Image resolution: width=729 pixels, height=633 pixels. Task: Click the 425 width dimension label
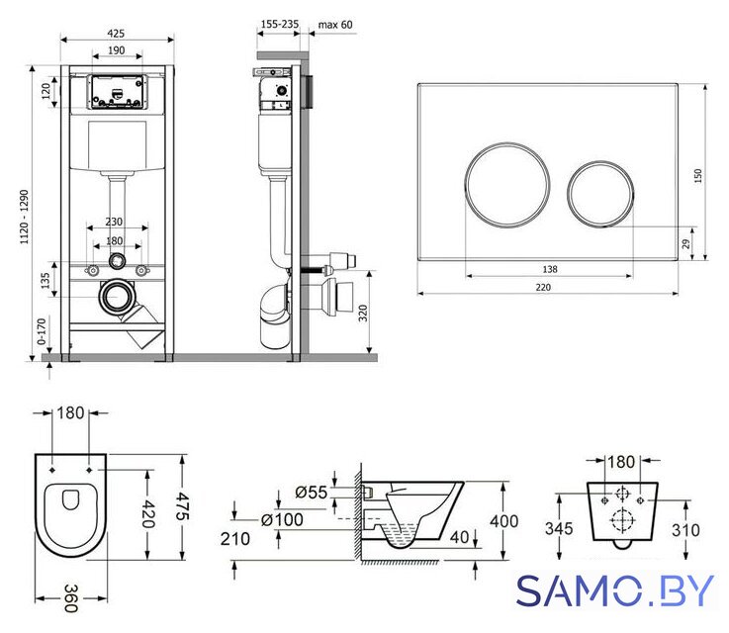coord(116,34)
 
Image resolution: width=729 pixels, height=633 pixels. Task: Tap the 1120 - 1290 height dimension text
coord(24,217)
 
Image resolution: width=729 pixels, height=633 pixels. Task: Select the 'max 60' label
coord(335,24)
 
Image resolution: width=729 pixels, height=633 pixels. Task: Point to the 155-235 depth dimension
coord(279,24)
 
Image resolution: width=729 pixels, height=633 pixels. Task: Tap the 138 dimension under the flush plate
coord(550,269)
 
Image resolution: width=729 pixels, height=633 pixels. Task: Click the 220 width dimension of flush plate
coord(543,287)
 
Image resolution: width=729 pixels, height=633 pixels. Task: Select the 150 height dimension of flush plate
coord(698,175)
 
